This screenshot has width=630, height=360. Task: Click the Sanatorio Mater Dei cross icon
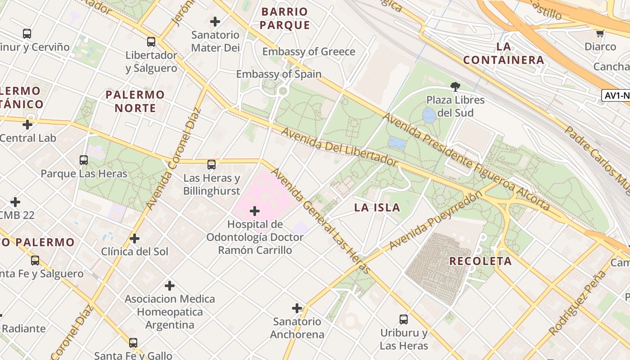[x=215, y=21]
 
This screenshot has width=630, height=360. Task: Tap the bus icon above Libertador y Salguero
[x=151, y=42]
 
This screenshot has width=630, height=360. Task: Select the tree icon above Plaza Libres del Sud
[x=455, y=86]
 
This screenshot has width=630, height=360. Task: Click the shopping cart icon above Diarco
[x=600, y=33]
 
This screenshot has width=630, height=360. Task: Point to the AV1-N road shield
[x=616, y=95]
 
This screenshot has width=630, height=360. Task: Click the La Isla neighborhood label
[x=377, y=207]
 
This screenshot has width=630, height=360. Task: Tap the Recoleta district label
[x=481, y=261]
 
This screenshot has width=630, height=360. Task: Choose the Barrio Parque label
[x=285, y=18]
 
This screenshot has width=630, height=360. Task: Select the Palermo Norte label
[x=135, y=101]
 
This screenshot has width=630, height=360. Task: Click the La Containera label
[x=504, y=53]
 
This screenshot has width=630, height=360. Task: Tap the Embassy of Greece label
[x=309, y=52]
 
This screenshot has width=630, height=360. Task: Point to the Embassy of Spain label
[x=279, y=74]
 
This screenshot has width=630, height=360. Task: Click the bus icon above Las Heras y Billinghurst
[x=211, y=165]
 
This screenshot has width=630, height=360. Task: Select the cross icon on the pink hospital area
[x=255, y=211]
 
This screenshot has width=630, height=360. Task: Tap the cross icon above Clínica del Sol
[x=135, y=238]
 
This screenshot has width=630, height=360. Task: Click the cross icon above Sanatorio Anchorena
[x=297, y=308]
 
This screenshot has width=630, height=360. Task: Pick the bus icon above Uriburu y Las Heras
[x=404, y=319]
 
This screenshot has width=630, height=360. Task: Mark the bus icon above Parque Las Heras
[x=84, y=160]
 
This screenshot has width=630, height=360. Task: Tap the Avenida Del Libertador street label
[x=340, y=147]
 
